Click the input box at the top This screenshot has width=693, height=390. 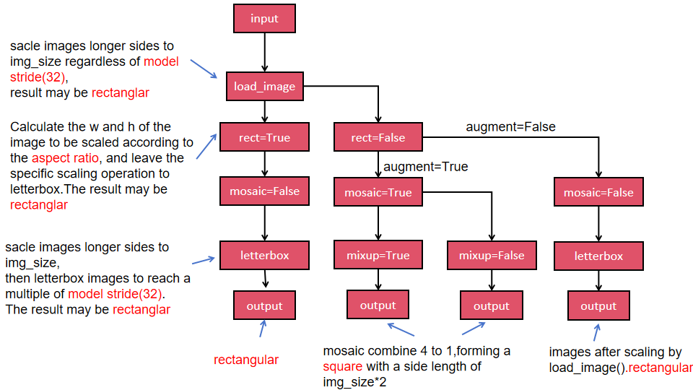click(264, 19)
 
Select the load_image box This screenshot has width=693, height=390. click(264, 87)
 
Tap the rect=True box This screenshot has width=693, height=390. click(264, 137)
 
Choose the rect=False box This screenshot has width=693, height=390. click(378, 137)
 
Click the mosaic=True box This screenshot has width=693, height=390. click(378, 193)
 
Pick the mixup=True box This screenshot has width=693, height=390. click(378, 256)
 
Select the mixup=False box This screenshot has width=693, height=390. click(492, 256)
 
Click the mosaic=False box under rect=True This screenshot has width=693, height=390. click(264, 191)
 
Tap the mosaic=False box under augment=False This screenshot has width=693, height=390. click(598, 193)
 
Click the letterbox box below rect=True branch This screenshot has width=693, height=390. click(264, 255)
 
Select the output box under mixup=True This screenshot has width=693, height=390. click(378, 305)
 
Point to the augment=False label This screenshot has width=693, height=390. click(510, 127)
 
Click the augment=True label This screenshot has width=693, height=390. click(425, 167)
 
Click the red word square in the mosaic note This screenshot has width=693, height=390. click(341, 366)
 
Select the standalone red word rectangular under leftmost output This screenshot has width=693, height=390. click(245, 360)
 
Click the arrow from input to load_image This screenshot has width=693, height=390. click(265, 51)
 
